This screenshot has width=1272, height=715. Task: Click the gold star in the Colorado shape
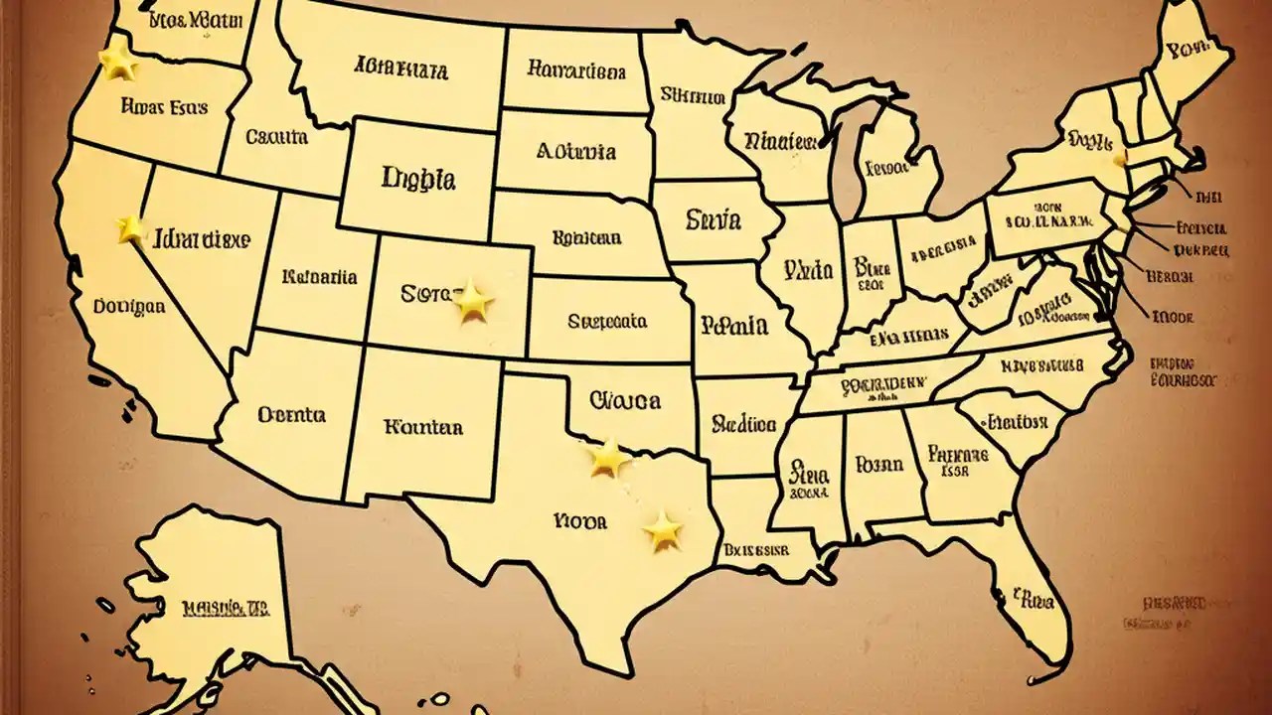(473, 302)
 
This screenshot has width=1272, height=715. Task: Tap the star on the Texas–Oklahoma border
(608, 458)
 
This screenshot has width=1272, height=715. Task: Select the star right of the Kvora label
(663, 531)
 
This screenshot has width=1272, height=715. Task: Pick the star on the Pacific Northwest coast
(118, 63)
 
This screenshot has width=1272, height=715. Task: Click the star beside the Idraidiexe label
(131, 229)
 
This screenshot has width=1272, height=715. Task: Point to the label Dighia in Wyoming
(418, 179)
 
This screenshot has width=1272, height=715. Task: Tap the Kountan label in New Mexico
(422, 427)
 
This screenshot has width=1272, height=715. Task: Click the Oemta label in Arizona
(291, 413)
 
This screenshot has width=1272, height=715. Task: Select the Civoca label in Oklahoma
(625, 400)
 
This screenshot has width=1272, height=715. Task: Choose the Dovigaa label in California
(129, 307)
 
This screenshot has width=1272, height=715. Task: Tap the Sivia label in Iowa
(713, 219)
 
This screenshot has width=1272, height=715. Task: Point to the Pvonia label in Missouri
(733, 324)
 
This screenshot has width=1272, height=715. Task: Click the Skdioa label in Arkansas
(743, 424)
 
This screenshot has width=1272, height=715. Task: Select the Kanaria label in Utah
(320, 277)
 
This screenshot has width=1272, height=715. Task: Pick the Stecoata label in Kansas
(607, 321)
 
